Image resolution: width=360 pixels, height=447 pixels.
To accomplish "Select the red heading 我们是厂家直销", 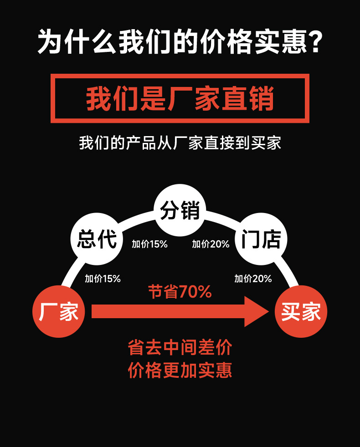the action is [x=180, y=98].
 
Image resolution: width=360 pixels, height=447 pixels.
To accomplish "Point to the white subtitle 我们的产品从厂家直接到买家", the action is [x=180, y=142].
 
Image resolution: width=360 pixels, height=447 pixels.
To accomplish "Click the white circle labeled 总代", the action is [x=97, y=239].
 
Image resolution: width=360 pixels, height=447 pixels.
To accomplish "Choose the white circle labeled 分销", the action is [x=180, y=210].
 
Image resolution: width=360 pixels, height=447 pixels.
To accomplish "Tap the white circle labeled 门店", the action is [x=261, y=239].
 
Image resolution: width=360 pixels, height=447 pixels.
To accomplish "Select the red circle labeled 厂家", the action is [x=58, y=311].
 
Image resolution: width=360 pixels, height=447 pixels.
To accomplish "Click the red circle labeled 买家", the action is [x=301, y=311].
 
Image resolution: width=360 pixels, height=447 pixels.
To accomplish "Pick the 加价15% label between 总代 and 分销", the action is [x=149, y=244].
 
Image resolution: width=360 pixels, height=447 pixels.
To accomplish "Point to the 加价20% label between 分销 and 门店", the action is [x=211, y=244].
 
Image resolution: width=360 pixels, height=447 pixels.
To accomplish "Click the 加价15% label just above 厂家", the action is [x=103, y=279].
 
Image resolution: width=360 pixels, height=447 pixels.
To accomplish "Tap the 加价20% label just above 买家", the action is [x=253, y=279].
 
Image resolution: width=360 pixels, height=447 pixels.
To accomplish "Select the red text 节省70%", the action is [x=180, y=292].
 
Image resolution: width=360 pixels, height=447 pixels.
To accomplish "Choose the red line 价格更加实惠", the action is [x=180, y=370].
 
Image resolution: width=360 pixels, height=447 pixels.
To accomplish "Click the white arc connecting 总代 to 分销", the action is [x=137, y=219].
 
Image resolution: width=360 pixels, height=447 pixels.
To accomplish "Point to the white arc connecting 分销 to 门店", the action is [x=223, y=219].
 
